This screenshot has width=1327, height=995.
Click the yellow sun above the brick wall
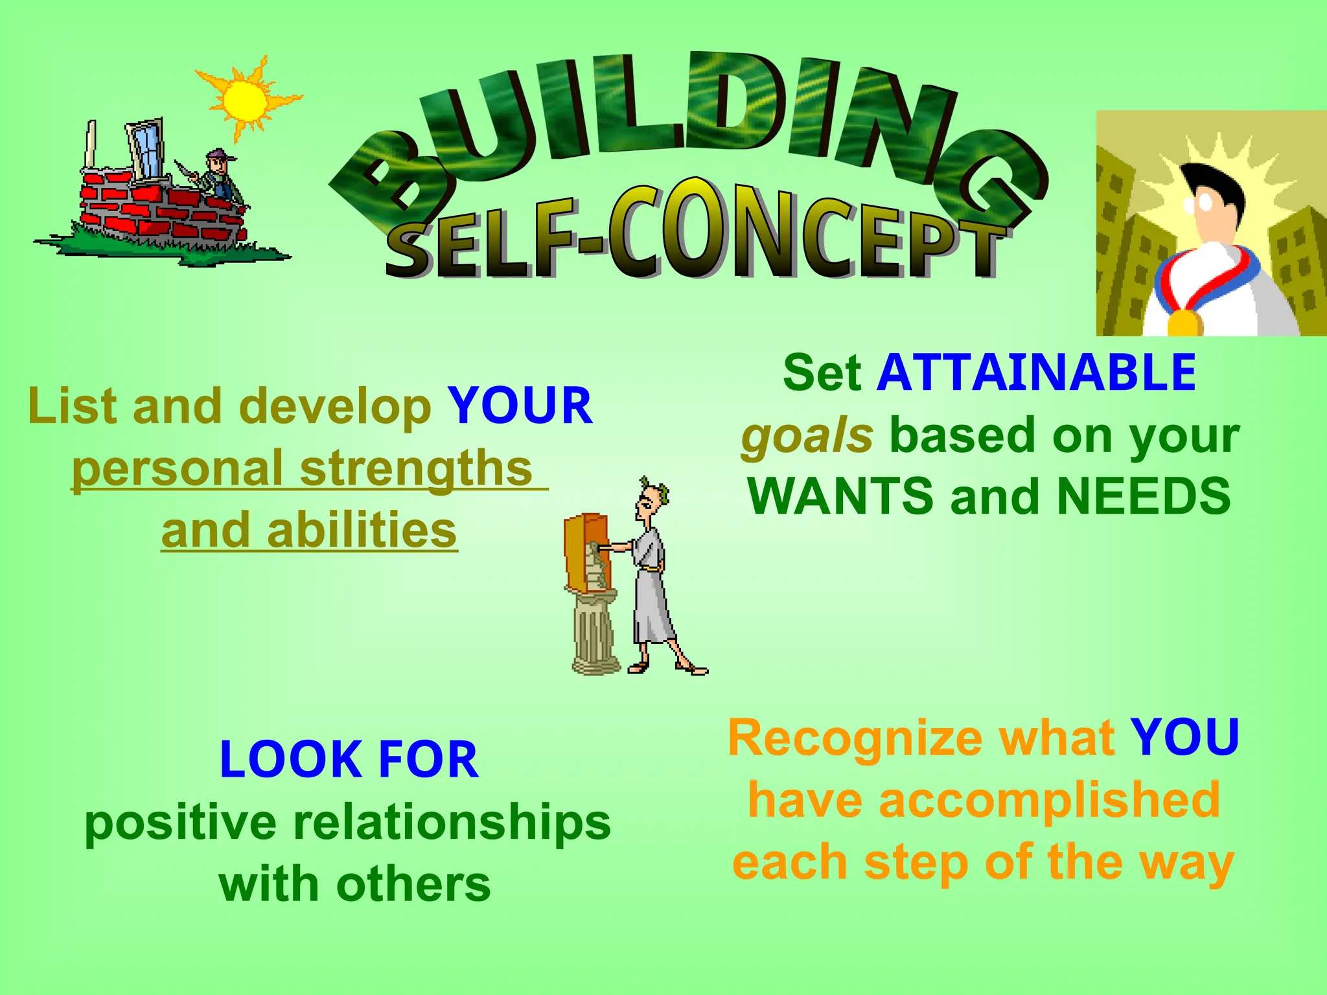tap(245, 100)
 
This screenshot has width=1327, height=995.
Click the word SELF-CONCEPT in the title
tap(693, 236)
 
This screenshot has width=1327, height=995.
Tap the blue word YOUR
tap(520, 406)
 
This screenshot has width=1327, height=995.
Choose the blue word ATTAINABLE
tap(1036, 373)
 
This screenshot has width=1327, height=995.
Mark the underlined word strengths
tap(416, 468)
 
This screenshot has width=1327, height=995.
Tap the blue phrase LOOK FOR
tap(349, 759)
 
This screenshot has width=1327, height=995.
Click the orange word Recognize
tap(855, 738)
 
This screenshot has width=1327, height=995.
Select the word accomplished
tap(1049, 800)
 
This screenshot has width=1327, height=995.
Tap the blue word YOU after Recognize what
tap(1184, 738)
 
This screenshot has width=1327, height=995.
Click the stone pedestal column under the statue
tap(593, 635)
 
